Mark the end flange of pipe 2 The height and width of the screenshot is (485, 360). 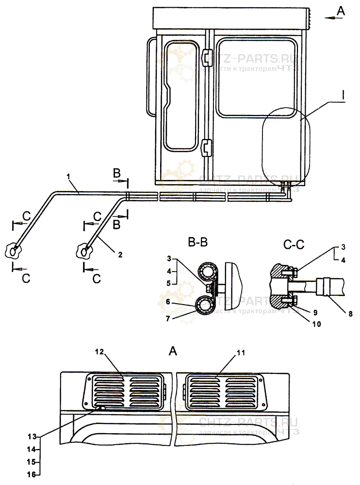point(85,251)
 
